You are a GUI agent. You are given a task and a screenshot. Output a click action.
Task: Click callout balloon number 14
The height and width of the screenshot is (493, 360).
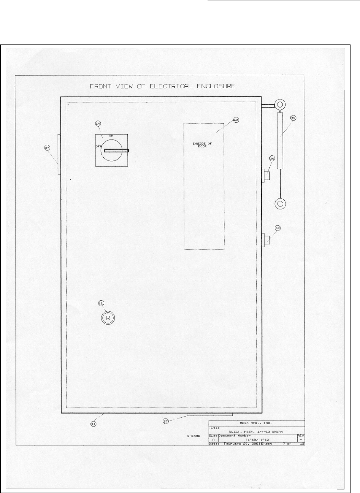point(98,124)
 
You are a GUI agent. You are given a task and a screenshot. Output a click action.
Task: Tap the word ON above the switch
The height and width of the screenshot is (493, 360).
point(111,135)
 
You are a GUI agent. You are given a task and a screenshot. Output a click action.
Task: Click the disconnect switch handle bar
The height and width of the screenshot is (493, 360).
point(116,151)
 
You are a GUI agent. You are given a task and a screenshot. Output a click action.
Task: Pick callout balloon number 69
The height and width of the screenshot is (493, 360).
point(236,120)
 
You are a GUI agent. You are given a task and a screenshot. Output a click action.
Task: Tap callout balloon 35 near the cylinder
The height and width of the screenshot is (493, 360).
point(293,118)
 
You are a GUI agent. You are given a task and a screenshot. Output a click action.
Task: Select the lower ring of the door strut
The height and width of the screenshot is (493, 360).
point(281,203)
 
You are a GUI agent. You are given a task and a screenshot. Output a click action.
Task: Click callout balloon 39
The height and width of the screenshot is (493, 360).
point(278,228)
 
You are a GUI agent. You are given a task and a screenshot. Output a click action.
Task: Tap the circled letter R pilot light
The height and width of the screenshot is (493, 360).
point(108,318)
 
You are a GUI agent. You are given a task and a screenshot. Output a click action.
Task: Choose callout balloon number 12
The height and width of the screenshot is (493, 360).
point(101,303)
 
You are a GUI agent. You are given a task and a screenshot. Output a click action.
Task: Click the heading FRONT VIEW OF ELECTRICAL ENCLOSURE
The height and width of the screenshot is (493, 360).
point(162,86)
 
